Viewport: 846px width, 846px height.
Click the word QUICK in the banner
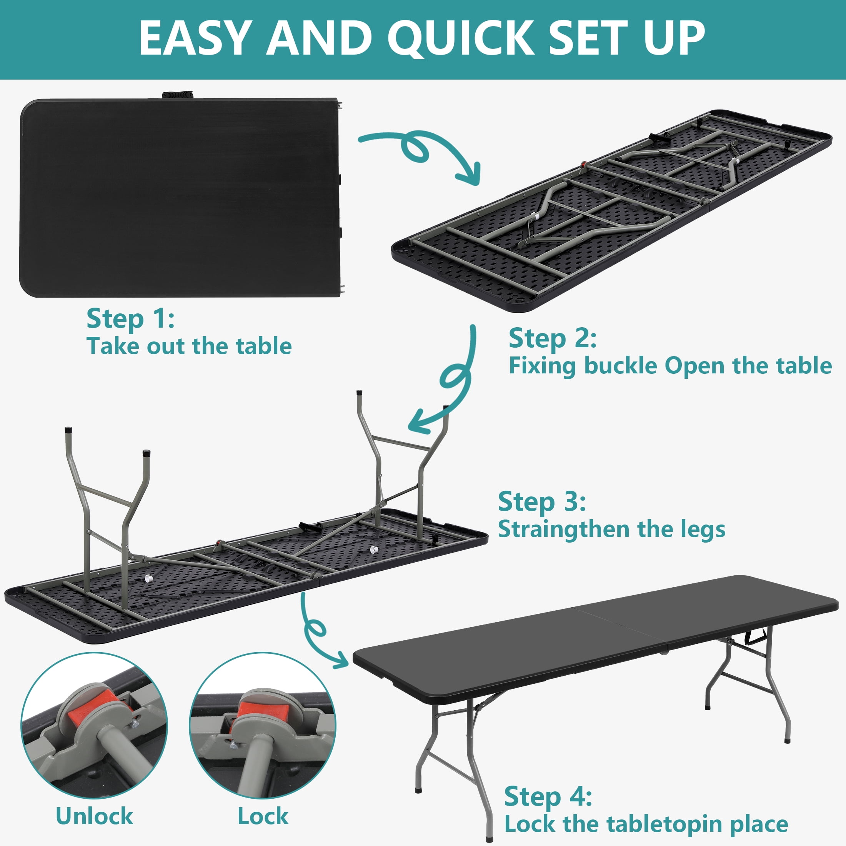[460, 39]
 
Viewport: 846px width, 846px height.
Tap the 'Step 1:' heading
[130, 319]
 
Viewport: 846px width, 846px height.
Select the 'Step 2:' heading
[553, 339]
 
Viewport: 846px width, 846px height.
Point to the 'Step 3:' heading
[542, 502]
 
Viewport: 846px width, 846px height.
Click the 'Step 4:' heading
[548, 796]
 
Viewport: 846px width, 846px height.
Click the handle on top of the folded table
[177, 95]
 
